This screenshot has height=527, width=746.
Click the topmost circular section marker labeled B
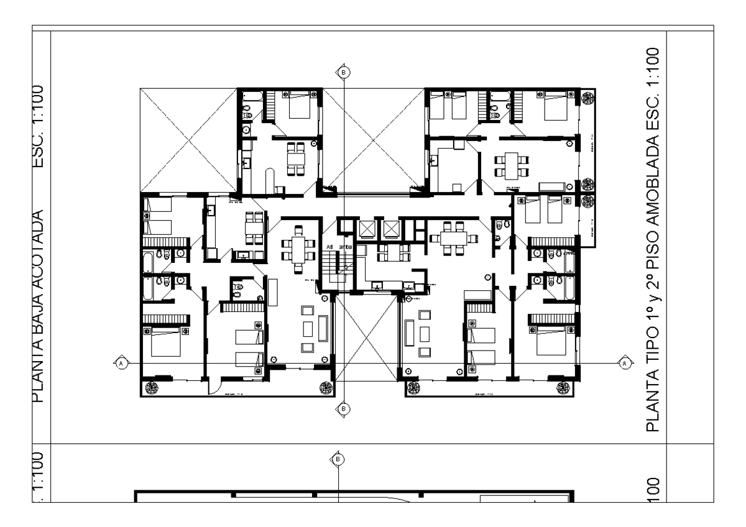point(343,72)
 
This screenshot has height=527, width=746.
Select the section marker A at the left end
point(121,362)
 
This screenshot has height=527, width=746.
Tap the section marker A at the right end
point(624,362)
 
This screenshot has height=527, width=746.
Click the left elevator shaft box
point(367,229)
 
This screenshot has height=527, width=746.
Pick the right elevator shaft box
point(391,229)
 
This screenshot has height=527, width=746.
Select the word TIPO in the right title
point(652,342)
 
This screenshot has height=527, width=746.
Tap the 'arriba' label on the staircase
point(346,247)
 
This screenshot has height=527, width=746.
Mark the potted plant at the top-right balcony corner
point(587,98)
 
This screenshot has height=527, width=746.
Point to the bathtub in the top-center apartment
point(269,178)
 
